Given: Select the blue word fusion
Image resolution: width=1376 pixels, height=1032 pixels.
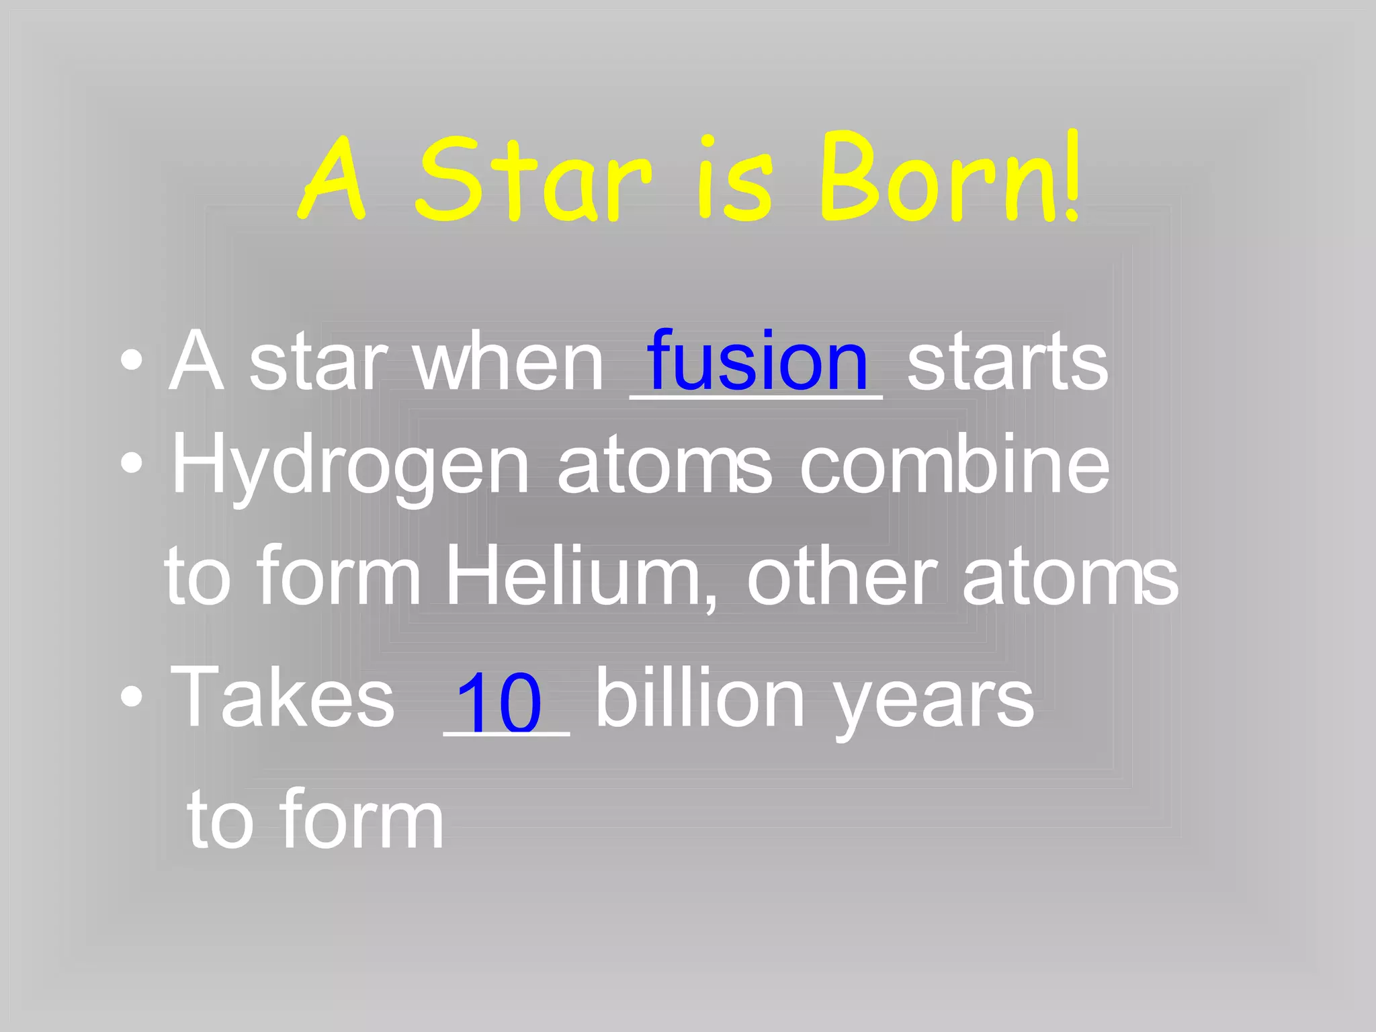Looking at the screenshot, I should click(757, 361).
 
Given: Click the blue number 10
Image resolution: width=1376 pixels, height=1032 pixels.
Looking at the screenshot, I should click(499, 702).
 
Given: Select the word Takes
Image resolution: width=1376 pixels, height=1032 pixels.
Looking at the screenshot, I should click(282, 697).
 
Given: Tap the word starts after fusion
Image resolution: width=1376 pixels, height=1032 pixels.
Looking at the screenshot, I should click(1007, 363).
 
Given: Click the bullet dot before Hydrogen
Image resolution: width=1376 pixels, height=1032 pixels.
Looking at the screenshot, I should click(132, 463).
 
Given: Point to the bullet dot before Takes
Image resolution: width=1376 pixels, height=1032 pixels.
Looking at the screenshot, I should click(132, 697).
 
